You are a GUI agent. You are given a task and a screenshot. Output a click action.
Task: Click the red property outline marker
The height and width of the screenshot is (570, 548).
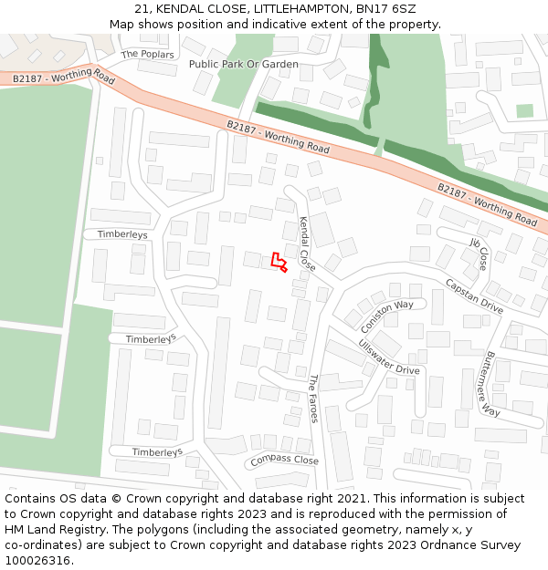[x=279, y=264]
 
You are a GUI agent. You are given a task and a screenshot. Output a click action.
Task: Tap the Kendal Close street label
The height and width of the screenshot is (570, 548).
[x=307, y=244]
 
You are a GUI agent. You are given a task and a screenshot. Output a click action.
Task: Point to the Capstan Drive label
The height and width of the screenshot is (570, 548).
[x=474, y=296]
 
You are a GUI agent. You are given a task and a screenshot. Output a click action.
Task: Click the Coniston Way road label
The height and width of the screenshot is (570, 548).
[x=386, y=316]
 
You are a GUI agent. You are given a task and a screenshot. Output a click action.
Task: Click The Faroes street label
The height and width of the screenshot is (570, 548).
[x=313, y=398]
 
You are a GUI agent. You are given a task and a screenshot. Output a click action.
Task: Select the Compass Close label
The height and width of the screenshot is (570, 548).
[x=284, y=461]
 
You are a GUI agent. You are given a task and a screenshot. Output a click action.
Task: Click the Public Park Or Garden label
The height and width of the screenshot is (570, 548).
[x=243, y=64]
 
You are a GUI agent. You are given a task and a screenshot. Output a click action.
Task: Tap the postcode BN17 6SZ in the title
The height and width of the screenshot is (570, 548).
[x=387, y=9]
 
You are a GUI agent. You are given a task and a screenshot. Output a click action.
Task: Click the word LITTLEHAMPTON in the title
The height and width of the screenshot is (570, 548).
[x=298, y=9]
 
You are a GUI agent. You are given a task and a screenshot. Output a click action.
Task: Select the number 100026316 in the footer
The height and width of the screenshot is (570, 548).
[x=37, y=561]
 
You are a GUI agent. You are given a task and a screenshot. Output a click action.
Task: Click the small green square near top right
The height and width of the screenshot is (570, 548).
[x=524, y=110]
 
